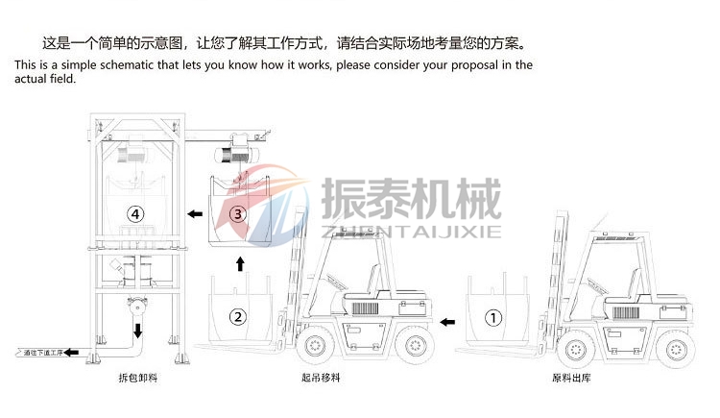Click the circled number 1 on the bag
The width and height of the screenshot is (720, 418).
[493, 315]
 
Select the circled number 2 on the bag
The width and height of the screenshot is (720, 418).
[238, 315]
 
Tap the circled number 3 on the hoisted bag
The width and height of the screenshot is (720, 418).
[240, 212]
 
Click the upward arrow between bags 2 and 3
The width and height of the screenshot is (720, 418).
[240, 262]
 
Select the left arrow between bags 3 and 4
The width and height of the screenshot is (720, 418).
[195, 213]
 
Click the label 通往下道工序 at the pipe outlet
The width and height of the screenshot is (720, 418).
[42, 354]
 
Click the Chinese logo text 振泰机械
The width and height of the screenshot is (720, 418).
[410, 199]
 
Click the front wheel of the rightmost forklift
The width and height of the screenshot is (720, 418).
[573, 346]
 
